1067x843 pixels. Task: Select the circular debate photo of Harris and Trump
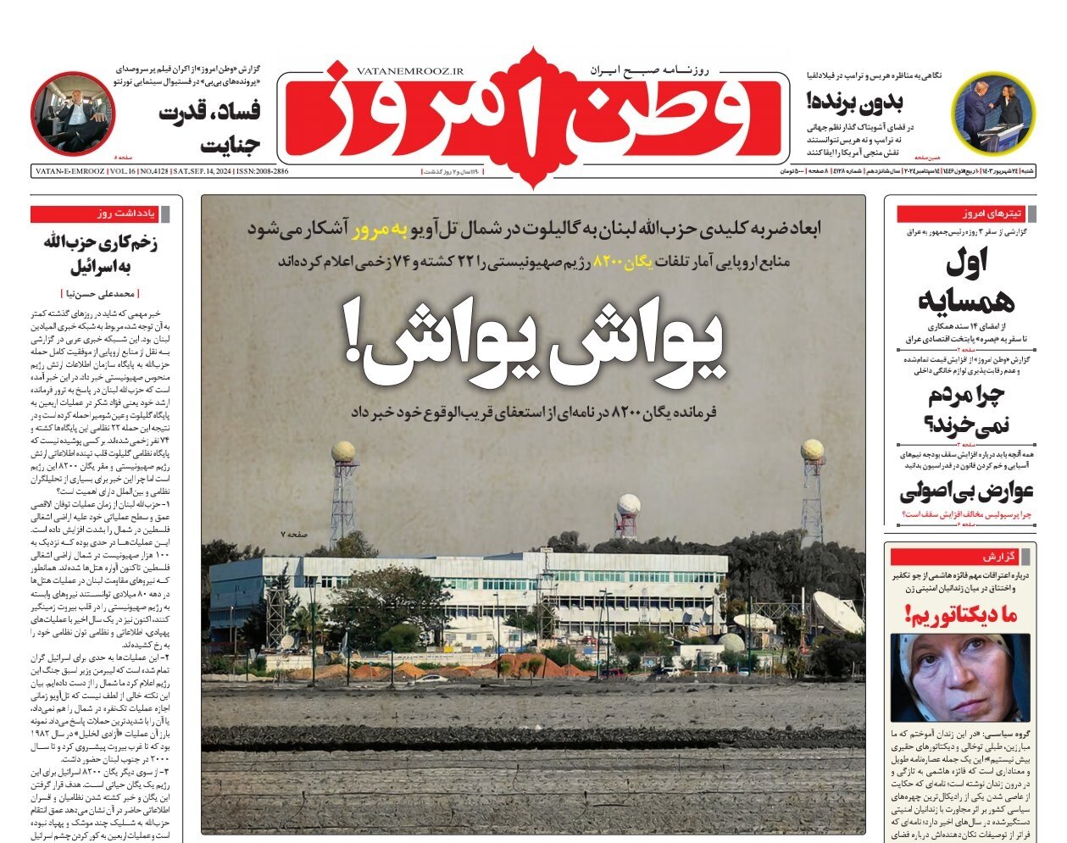(x=994, y=114)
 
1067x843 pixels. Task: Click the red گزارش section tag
(x=999, y=557)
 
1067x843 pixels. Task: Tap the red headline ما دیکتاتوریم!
(x=961, y=614)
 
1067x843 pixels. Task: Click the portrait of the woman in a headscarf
(x=960, y=678)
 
